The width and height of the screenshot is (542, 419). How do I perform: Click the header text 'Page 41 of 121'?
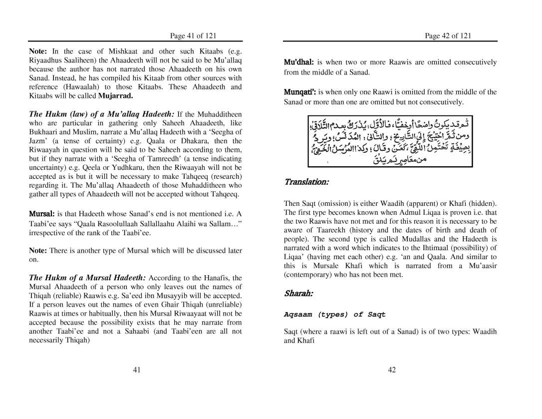pyautogui.click(x=193, y=35)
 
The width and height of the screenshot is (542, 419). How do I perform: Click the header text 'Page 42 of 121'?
pyautogui.click(x=448, y=35)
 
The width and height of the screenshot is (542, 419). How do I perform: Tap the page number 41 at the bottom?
pyautogui.click(x=137, y=370)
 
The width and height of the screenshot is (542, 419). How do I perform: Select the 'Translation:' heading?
pyautogui.click(x=306, y=182)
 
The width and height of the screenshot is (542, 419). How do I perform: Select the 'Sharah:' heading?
pyautogui.click(x=298, y=293)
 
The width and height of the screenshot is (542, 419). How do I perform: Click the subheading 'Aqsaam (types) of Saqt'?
pyautogui.click(x=335, y=315)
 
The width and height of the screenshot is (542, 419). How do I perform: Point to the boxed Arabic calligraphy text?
pyautogui.click(x=390, y=141)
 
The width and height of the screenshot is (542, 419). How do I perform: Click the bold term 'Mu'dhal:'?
pyautogui.click(x=298, y=62)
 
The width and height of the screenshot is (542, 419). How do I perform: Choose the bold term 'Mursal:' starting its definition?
pyautogui.click(x=42, y=214)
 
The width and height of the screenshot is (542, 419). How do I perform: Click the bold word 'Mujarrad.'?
pyautogui.click(x=115, y=95)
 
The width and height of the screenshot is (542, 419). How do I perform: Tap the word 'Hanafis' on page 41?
pyautogui.click(x=216, y=278)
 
